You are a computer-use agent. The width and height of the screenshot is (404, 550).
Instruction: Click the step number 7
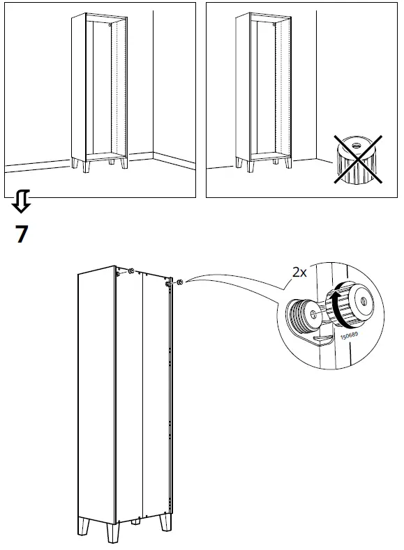(x=22, y=234)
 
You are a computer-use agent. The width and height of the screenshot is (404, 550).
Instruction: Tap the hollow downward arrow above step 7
(x=22, y=202)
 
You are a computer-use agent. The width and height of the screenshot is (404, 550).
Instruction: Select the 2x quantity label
(x=299, y=273)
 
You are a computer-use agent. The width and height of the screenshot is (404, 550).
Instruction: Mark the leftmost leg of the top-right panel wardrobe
(x=240, y=164)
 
